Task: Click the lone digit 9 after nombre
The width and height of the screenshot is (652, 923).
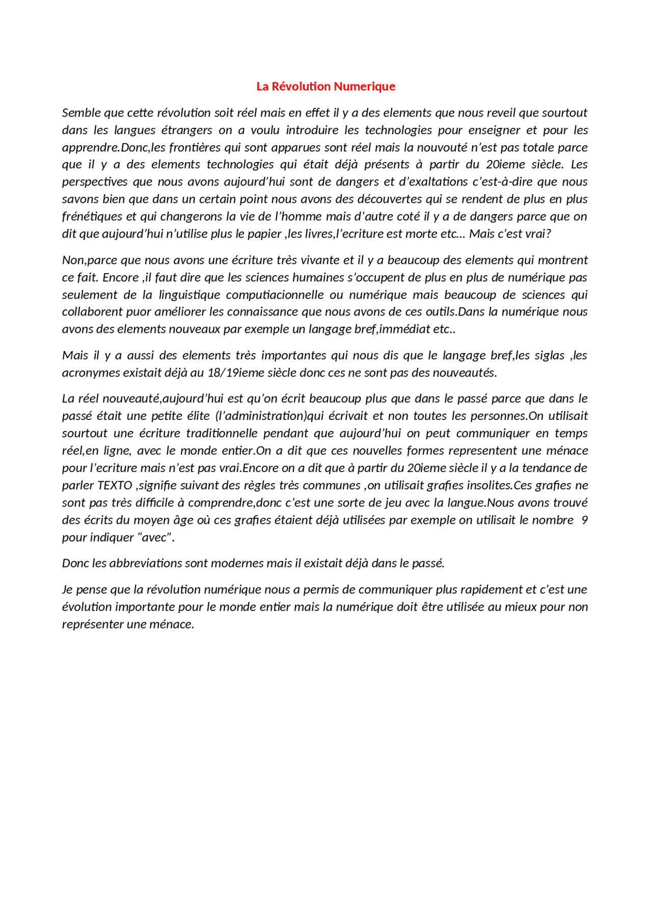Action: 584,520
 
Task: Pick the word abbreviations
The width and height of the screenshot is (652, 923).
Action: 146,564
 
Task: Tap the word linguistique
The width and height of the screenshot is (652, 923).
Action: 189,295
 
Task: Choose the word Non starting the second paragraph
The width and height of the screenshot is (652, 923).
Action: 73,260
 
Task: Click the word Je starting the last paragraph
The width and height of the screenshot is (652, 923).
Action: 67,590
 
